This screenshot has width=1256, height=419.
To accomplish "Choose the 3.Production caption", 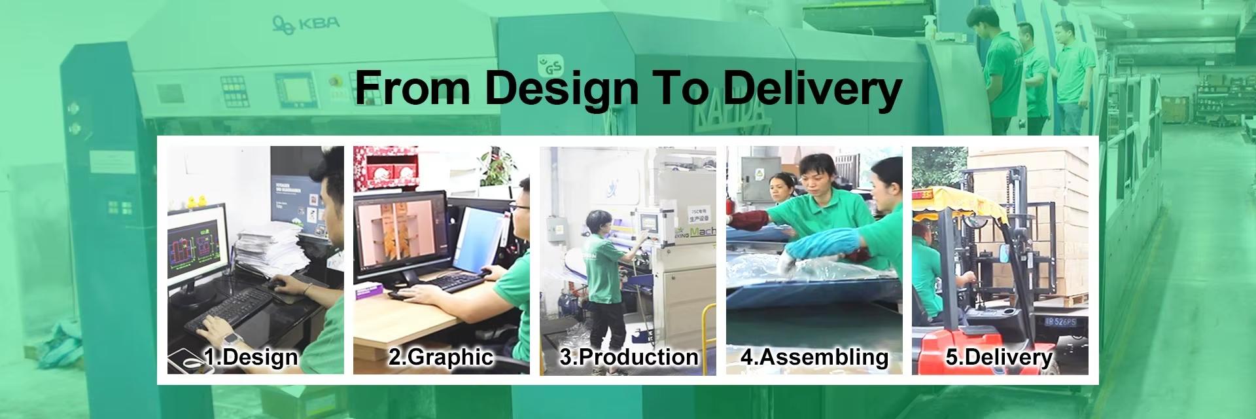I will [629, 357].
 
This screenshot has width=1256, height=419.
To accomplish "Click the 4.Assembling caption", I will [814, 357].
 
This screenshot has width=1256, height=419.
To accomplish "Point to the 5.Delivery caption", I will [1000, 357].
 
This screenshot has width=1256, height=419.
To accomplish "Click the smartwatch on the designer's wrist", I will [230, 339].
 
